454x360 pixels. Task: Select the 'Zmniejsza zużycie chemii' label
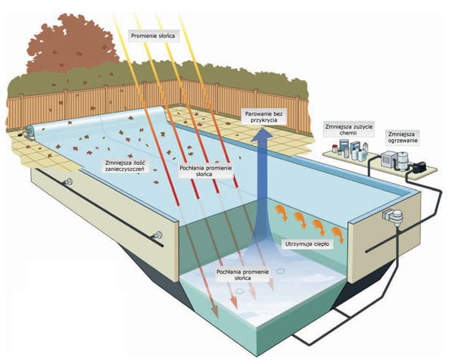pyautogui.click(x=345, y=129)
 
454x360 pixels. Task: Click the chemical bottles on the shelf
pyautogui.click(x=349, y=150)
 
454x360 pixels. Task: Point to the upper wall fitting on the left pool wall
pyautogui.click(x=69, y=182)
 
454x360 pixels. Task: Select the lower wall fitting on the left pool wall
pyautogui.click(x=159, y=234)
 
